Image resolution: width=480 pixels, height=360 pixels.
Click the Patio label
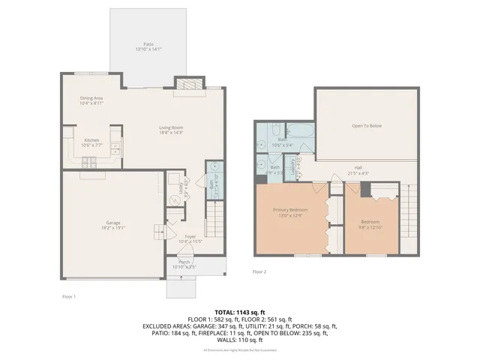[x=148, y=44]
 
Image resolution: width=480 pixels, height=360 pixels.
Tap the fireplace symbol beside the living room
[x=187, y=84]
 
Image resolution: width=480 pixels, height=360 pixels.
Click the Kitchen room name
[x=92, y=139]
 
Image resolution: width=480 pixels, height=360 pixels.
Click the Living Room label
[x=171, y=127]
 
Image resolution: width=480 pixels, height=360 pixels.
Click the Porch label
[x=184, y=262]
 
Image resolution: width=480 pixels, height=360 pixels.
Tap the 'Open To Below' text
[x=367, y=125]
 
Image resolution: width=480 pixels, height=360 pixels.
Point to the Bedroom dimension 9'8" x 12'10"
[x=370, y=226]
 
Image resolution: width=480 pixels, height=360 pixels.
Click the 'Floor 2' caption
[x=259, y=271]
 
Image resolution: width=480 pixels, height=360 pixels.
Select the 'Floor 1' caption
[x=69, y=296]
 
